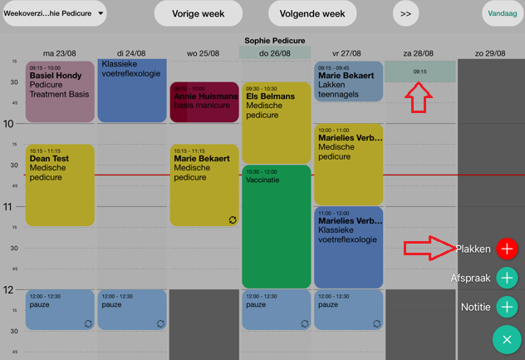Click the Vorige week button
pyautogui.click(x=199, y=13)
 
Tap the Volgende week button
pyautogui.click(x=312, y=13)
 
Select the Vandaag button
pyautogui.click(x=503, y=13)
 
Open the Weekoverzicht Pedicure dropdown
pyautogui.click(x=54, y=13)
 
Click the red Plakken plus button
pyautogui.click(x=507, y=249)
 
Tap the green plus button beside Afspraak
pyautogui.click(x=507, y=278)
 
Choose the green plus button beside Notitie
pyautogui.click(x=507, y=307)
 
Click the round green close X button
pyautogui.click(x=507, y=339)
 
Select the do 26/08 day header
pyautogui.click(x=275, y=53)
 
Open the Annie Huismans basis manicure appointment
pyautogui.click(x=204, y=102)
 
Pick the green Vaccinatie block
pyautogui.click(x=276, y=226)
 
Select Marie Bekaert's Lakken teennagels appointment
pyautogui.click(x=348, y=81)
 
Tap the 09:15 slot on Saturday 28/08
pyautogui.click(x=420, y=72)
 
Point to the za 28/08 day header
pyautogui.click(x=420, y=53)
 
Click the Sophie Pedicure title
pyautogui.click(x=275, y=40)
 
